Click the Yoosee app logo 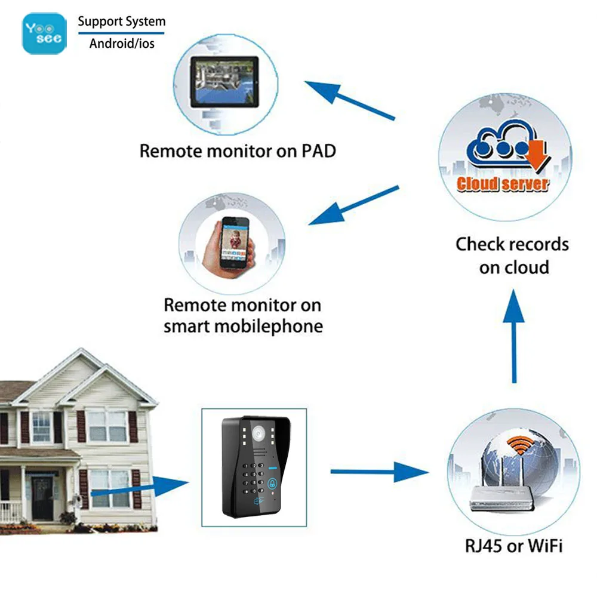pyautogui.click(x=45, y=33)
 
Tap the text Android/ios pyautogui.click(x=121, y=44)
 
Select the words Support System pyautogui.click(x=121, y=22)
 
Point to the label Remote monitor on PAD pyautogui.click(x=238, y=150)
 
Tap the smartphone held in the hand pyautogui.click(x=234, y=243)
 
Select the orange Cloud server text pyautogui.click(x=502, y=184)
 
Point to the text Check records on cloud pyautogui.click(x=512, y=256)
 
